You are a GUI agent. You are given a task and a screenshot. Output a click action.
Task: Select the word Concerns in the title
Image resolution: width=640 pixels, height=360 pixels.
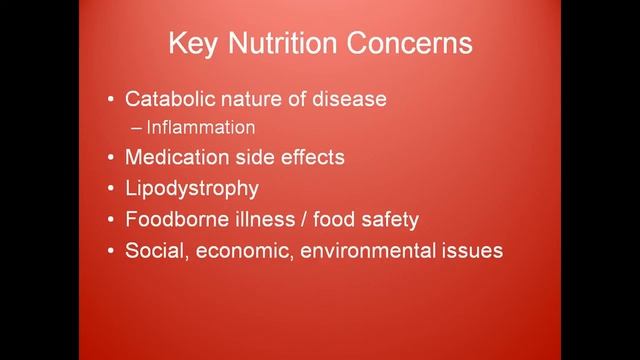[x=411, y=45]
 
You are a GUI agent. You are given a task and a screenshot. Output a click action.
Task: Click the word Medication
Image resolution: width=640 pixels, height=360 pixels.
[x=172, y=157]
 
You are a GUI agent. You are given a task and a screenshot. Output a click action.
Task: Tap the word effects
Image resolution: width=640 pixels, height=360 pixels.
[x=309, y=157]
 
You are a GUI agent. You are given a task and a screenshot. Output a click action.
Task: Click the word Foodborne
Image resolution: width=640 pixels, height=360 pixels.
[x=171, y=219]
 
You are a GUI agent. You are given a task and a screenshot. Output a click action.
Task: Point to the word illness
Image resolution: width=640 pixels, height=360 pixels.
[x=255, y=219]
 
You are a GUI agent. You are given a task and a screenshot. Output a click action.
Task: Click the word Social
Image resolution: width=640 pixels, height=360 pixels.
[x=151, y=250]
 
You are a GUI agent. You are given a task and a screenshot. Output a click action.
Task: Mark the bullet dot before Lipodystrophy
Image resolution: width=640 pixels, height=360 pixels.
[x=110, y=189]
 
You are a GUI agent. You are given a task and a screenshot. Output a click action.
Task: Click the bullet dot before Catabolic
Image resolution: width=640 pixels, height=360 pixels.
[x=110, y=101]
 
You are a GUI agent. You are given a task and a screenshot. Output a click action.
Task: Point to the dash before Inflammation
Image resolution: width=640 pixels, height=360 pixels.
[x=136, y=128]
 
